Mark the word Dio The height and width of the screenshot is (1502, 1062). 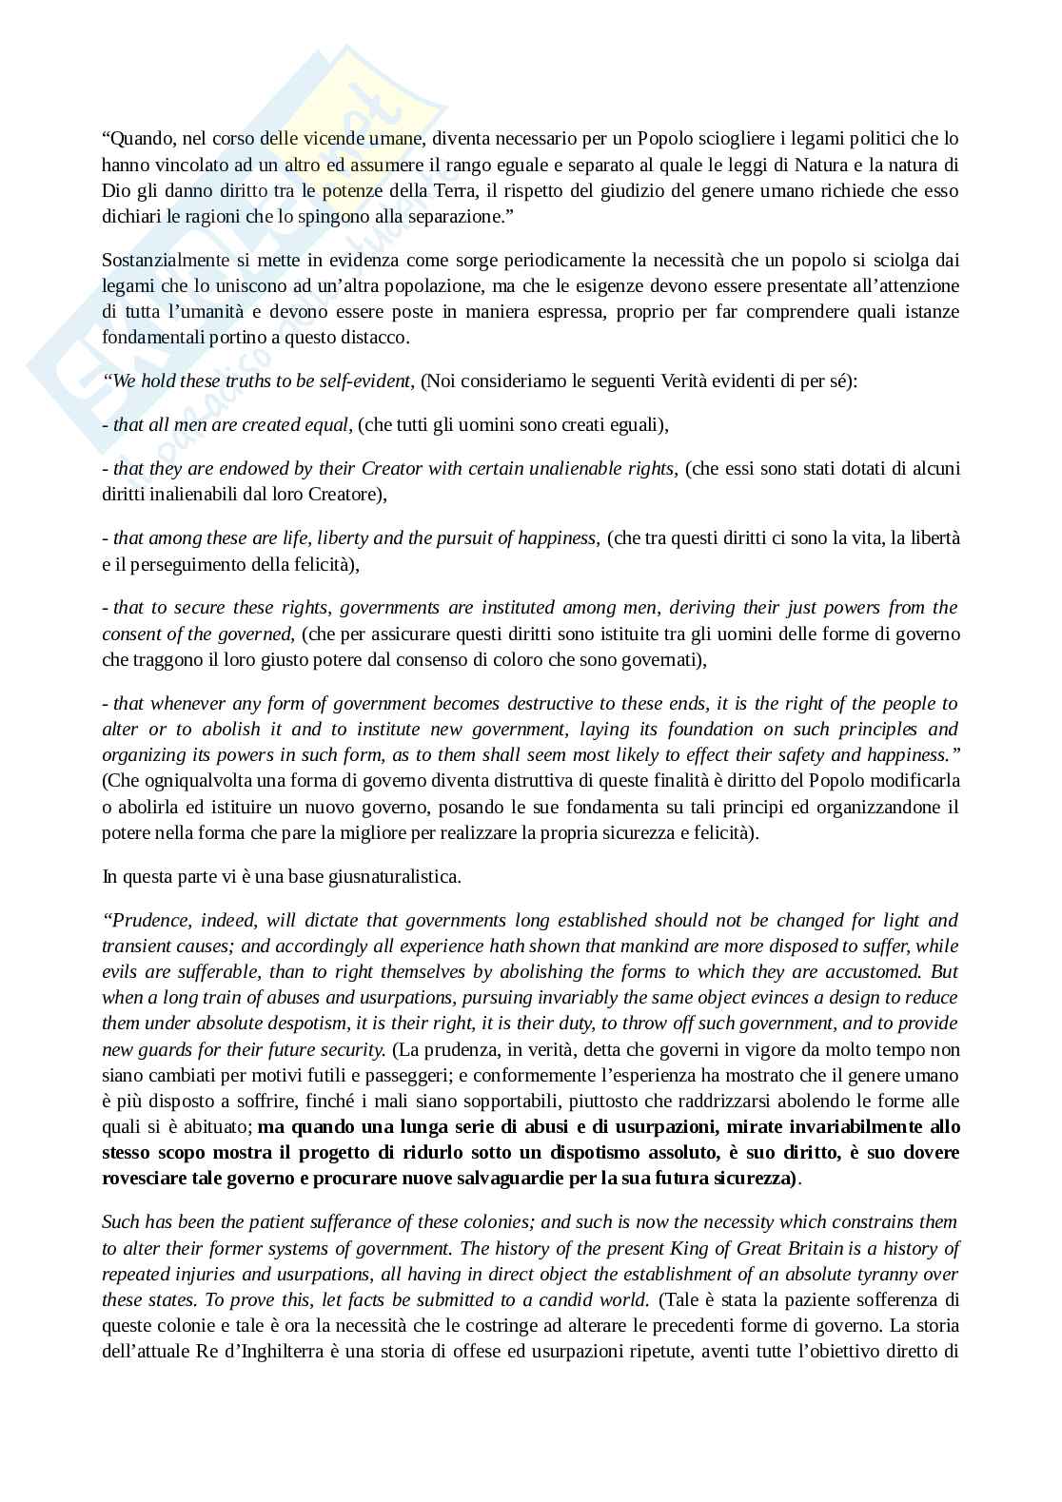pos(115,190)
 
